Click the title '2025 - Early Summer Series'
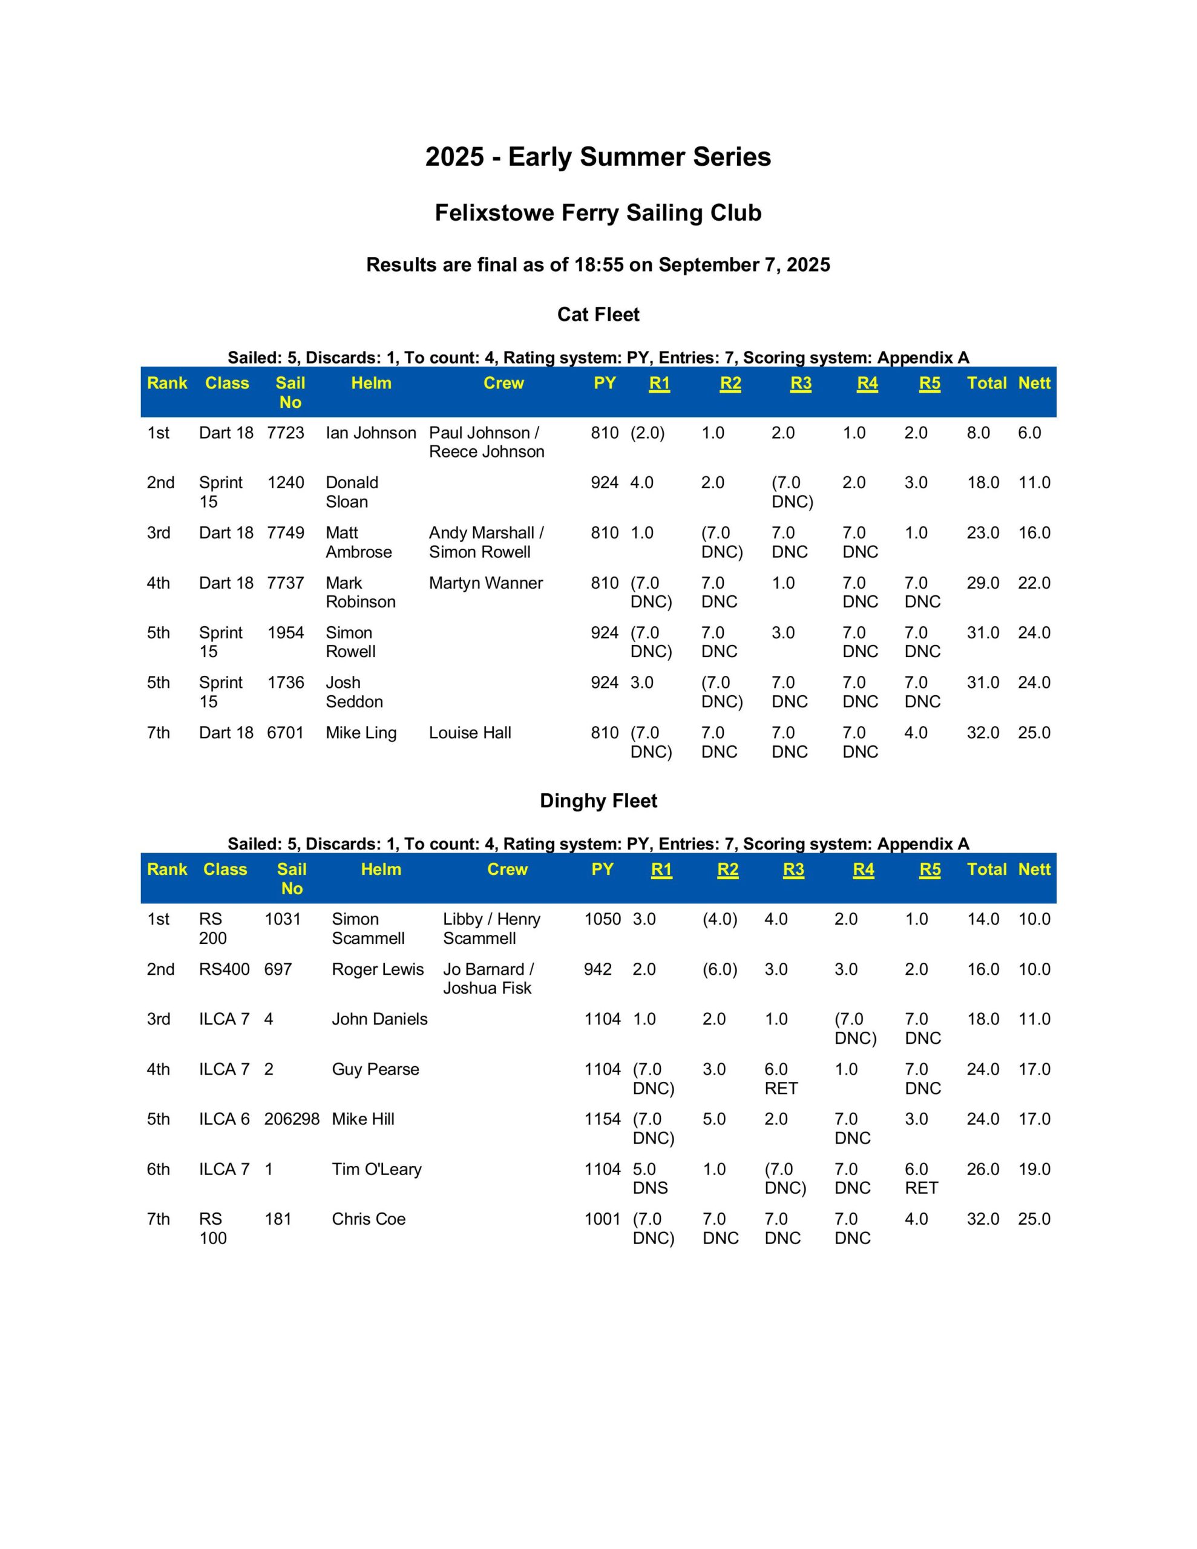[597, 157]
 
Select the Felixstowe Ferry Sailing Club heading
[597, 213]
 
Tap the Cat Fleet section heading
[597, 314]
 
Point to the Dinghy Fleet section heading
[597, 801]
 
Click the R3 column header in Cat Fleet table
[801, 384]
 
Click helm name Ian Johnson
[370, 433]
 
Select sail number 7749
[285, 532]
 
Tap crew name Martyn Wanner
[485, 583]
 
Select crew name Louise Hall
[470, 733]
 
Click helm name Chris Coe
[369, 1219]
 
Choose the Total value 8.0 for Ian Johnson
[978, 433]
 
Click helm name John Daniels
[379, 1019]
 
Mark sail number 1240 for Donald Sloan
[285, 483]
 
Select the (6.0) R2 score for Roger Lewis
[720, 969]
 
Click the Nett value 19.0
[1034, 1169]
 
